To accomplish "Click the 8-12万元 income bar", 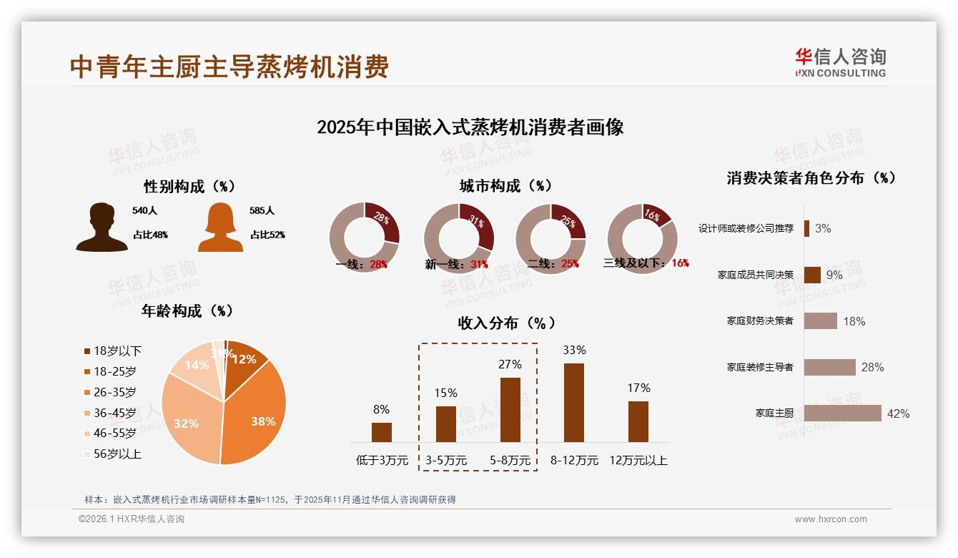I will point(574,403).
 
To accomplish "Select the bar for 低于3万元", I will point(382,432).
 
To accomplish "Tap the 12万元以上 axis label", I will point(638,461).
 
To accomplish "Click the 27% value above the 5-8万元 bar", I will point(510,364).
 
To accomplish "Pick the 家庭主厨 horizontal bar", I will point(842,413).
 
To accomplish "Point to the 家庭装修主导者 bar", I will point(829,367).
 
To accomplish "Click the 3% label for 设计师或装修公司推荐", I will point(823,229).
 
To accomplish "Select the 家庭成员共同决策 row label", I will point(756,275).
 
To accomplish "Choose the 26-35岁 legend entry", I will point(110,392).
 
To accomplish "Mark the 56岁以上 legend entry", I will point(113,454).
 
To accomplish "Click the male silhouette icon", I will point(102,227).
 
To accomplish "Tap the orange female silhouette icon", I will point(220,227).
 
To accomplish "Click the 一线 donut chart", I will point(364,238).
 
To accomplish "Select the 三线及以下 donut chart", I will point(642,238).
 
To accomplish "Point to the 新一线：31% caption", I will point(456,265).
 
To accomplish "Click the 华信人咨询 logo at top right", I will point(840,62).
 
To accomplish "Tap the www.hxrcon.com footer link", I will point(831,519).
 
